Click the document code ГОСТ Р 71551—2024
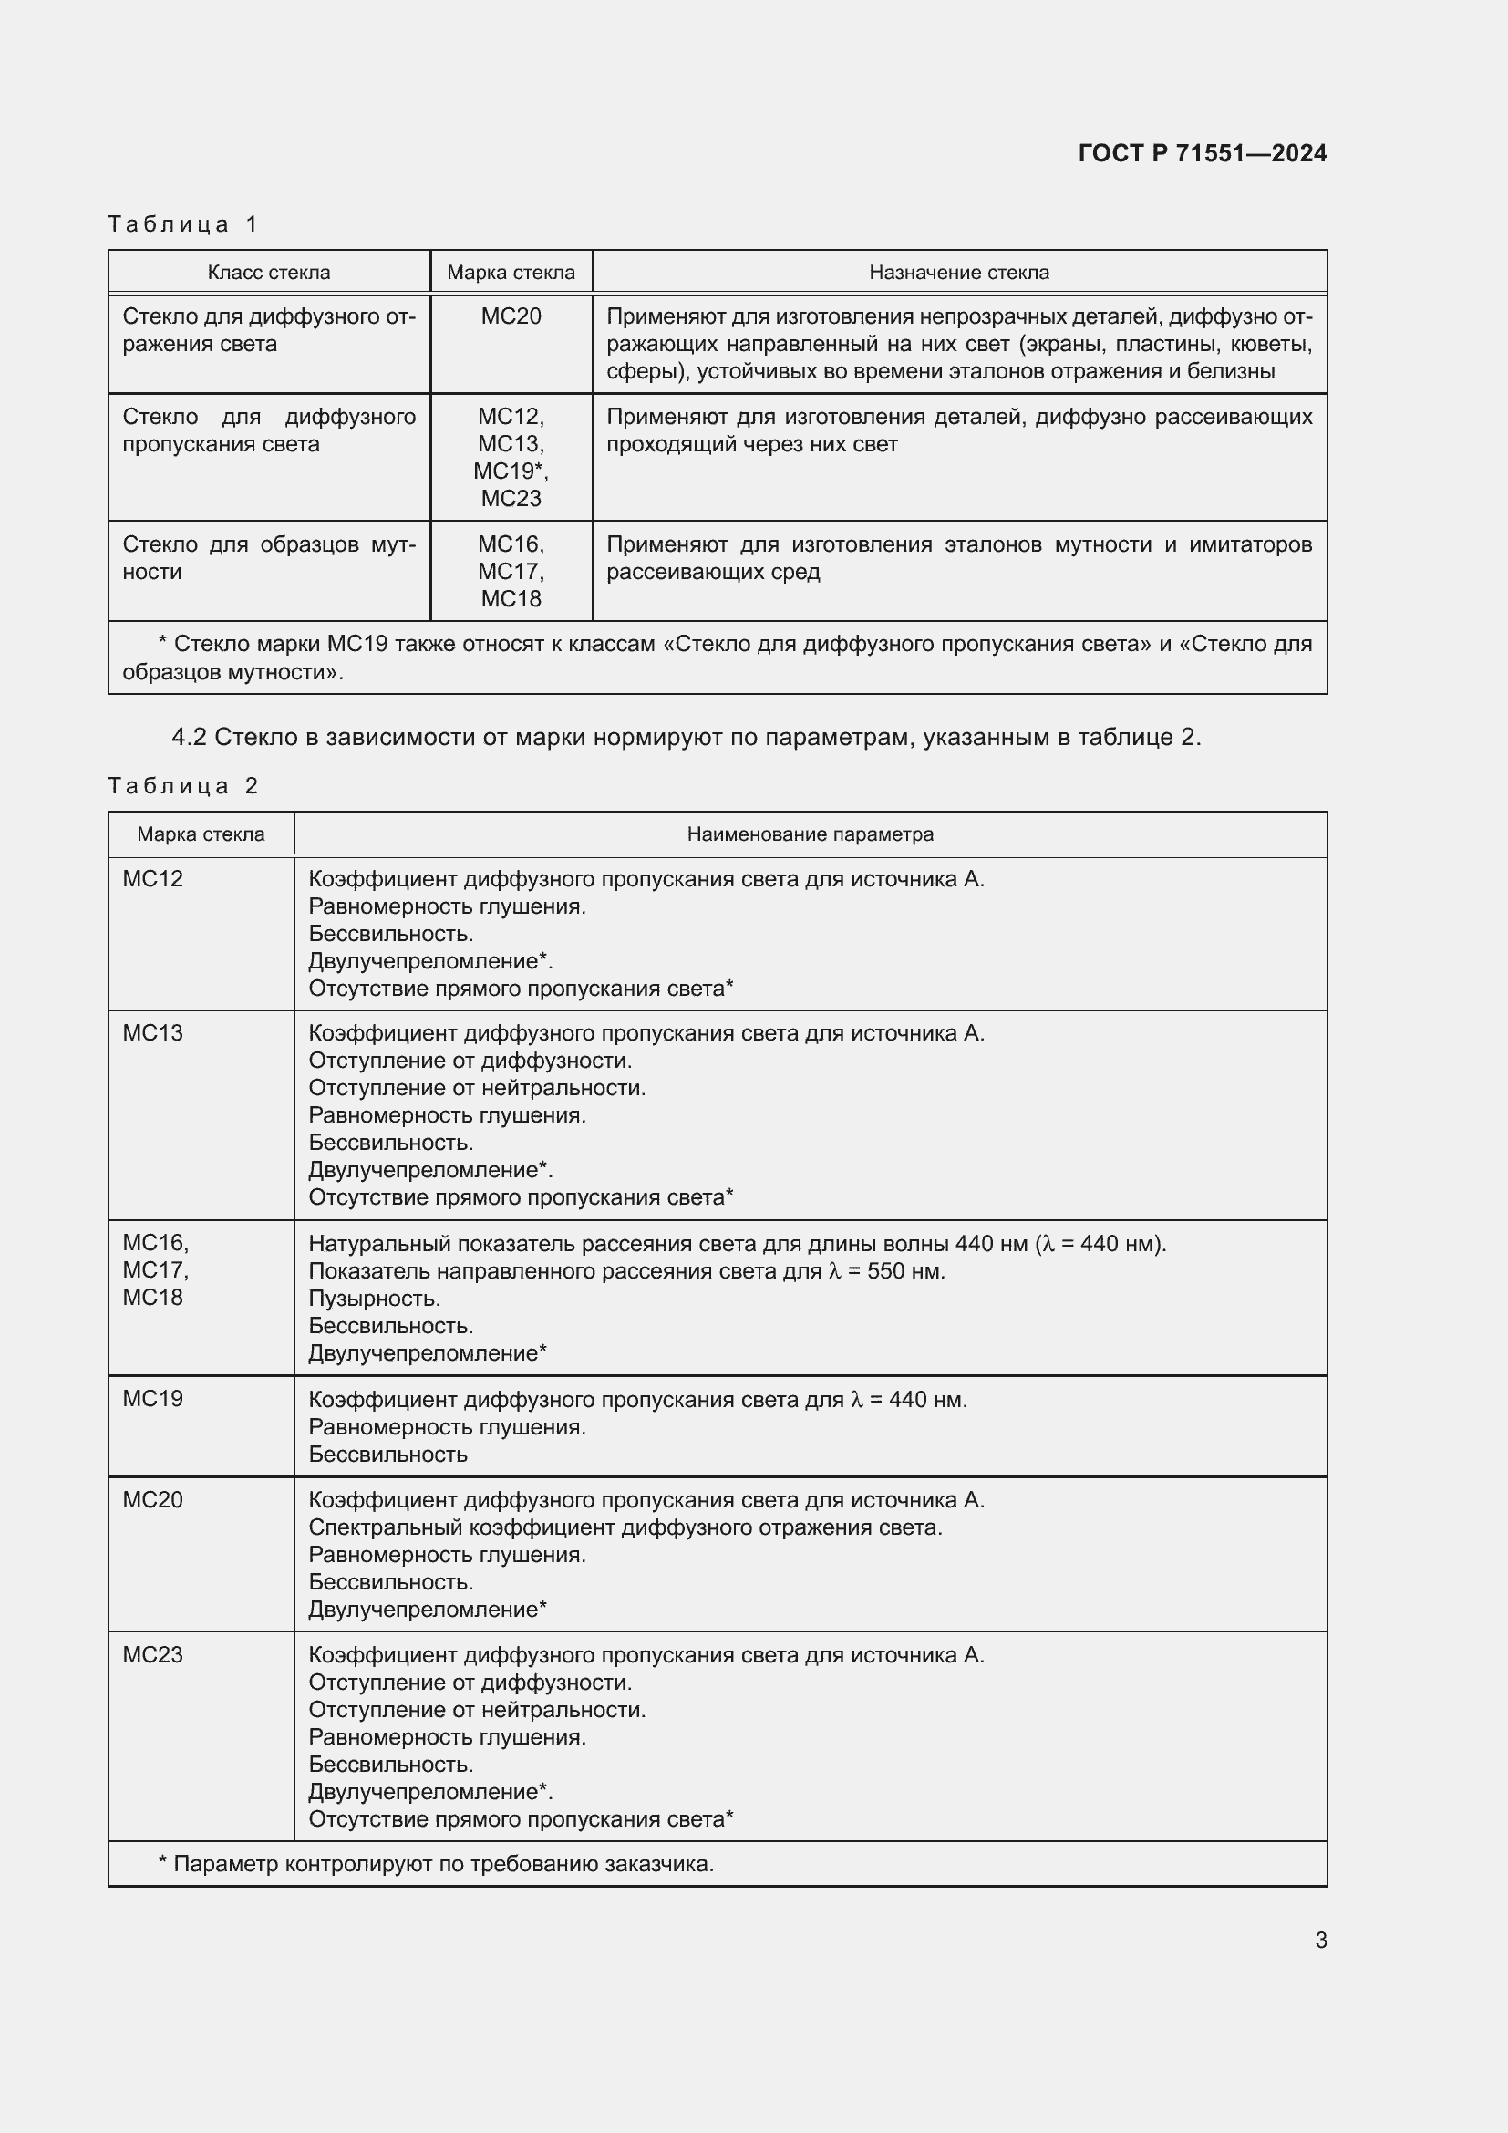[x=1202, y=153]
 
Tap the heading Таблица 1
[x=183, y=224]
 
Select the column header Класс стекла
[x=268, y=272]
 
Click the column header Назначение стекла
[x=958, y=272]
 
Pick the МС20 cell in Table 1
[x=511, y=316]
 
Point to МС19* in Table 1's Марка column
[x=511, y=471]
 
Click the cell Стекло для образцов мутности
[x=268, y=557]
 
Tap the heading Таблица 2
[x=183, y=786]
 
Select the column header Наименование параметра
[x=810, y=834]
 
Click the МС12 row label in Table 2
[x=153, y=879]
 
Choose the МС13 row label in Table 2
[x=153, y=1033]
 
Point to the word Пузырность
[x=374, y=1298]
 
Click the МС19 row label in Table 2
[x=153, y=1398]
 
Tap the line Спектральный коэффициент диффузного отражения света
[x=625, y=1527]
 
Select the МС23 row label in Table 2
[x=153, y=1654]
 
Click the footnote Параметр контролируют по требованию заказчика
[x=443, y=1864]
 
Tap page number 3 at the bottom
[x=1320, y=1940]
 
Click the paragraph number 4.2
[x=189, y=737]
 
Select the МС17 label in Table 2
[x=155, y=1270]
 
